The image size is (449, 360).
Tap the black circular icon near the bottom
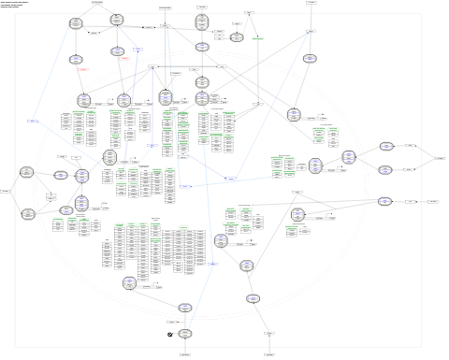coord(169,335)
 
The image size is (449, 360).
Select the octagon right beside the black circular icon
coord(185,333)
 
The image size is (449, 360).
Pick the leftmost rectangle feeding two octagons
coord(6,192)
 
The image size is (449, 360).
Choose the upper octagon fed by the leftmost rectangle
coord(28,173)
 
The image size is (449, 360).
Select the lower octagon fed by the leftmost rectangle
coord(28,213)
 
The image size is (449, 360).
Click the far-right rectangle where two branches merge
coord(439,159)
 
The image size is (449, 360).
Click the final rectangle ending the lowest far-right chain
coord(433,201)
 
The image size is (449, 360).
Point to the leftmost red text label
coord(83,70)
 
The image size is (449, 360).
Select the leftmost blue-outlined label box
coord(32,122)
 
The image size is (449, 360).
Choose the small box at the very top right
coord(311,3)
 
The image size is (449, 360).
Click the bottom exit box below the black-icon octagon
coord(185,355)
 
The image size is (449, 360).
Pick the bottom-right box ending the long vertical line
coord(269,355)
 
